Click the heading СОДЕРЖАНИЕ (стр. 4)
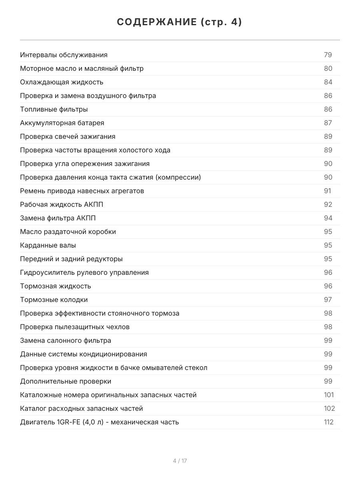(180, 22)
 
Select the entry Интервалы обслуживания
(64, 55)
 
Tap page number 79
(328, 55)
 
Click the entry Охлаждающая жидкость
(62, 82)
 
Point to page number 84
(328, 82)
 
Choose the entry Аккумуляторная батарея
(62, 123)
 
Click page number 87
(328, 123)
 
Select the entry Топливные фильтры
(54, 109)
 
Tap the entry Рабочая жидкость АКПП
(58, 204)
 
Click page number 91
(328, 191)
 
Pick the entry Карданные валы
(48, 245)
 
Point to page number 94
(328, 218)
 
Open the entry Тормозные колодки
(54, 300)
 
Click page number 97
(328, 300)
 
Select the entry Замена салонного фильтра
(66, 340)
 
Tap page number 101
(329, 395)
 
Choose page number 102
(329, 408)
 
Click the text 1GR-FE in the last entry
(68, 422)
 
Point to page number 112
(329, 422)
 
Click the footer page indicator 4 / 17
(180, 461)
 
